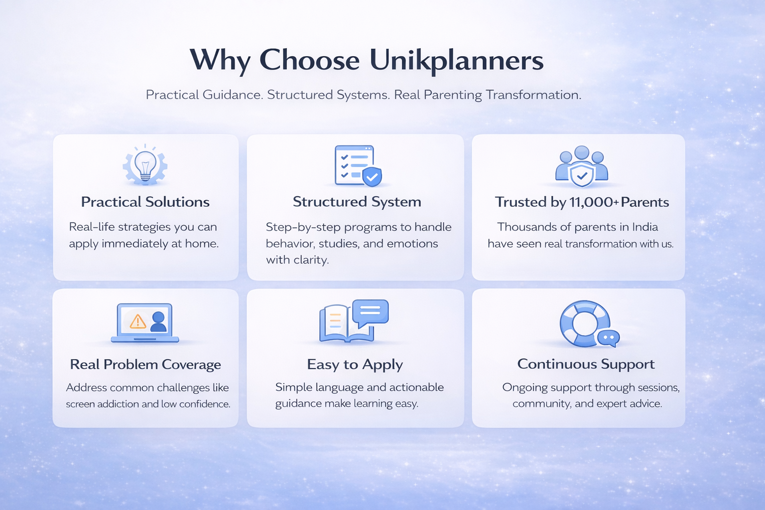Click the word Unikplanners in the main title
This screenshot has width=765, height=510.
(456, 61)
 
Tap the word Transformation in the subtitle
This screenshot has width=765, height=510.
(533, 95)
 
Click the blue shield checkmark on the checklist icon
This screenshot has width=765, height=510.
(372, 177)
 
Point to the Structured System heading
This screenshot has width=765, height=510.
(357, 202)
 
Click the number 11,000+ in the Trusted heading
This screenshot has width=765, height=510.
(594, 202)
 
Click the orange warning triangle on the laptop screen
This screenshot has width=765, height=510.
(138, 321)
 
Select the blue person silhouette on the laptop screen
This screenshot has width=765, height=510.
(158, 322)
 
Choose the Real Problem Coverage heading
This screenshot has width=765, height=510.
(145, 365)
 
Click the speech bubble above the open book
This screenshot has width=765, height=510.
(371, 312)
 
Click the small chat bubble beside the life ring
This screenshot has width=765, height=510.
(609, 339)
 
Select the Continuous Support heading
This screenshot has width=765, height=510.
(586, 364)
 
